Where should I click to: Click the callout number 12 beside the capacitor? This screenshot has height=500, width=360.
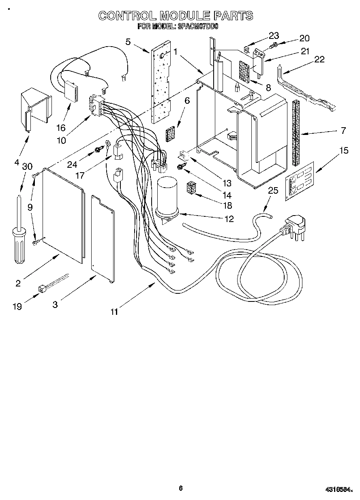(229, 219)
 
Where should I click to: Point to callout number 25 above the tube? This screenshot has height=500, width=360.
(273, 190)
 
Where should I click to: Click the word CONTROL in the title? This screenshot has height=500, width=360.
(127, 16)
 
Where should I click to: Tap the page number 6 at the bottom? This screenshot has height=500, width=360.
(181, 488)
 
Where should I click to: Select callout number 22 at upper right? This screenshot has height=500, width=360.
(319, 59)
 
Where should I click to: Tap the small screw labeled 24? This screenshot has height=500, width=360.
(97, 150)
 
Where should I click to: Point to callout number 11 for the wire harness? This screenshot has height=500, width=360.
(114, 311)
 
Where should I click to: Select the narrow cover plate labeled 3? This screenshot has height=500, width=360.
(102, 239)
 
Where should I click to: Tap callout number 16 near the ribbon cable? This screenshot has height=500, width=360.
(61, 128)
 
